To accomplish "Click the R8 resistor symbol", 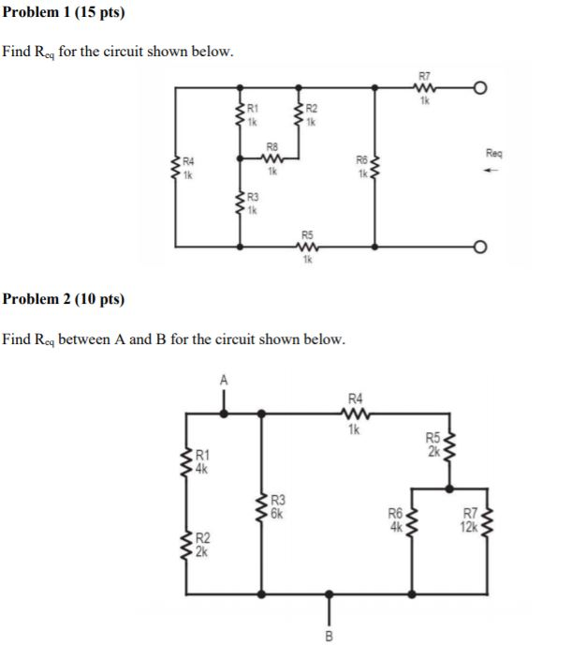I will (x=272, y=158).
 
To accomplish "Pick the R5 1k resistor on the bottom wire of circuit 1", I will (x=306, y=248).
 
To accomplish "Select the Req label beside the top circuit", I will (x=494, y=152).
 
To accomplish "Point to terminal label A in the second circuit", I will (x=223, y=380).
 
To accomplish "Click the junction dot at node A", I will (x=223, y=411).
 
